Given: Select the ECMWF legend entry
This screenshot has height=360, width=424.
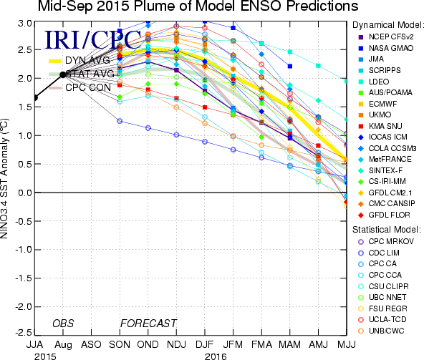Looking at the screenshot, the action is [x=378, y=104].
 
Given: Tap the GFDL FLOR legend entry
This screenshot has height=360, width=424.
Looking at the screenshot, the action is [x=384, y=215].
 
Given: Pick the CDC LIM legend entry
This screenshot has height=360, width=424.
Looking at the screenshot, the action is [x=379, y=253].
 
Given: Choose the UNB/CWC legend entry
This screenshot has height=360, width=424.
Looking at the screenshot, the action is [x=381, y=331].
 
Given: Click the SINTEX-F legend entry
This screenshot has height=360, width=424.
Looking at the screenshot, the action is [x=380, y=170].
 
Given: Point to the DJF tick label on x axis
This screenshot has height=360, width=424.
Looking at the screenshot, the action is [x=204, y=344].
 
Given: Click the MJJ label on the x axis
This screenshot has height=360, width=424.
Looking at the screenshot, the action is [x=347, y=344].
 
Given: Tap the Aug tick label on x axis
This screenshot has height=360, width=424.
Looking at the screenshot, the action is [x=63, y=345].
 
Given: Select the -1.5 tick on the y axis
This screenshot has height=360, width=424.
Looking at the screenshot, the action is [x=24, y=278].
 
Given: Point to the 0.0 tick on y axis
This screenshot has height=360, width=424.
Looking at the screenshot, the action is [x=25, y=193].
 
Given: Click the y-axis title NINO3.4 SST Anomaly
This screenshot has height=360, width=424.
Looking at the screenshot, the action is [x=4, y=178].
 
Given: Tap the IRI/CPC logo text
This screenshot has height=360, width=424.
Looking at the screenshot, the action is [x=93, y=40].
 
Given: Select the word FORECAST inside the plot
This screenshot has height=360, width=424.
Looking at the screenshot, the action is [x=148, y=323].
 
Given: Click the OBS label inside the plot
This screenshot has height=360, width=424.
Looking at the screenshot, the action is [x=63, y=323].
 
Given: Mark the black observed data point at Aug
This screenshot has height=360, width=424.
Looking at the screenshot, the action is [x=63, y=74].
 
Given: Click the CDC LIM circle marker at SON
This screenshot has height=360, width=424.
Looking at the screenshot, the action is [x=120, y=121].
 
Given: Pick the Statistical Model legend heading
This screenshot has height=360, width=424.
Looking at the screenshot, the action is [x=387, y=230].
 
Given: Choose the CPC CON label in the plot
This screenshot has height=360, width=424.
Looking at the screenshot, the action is [x=88, y=87].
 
